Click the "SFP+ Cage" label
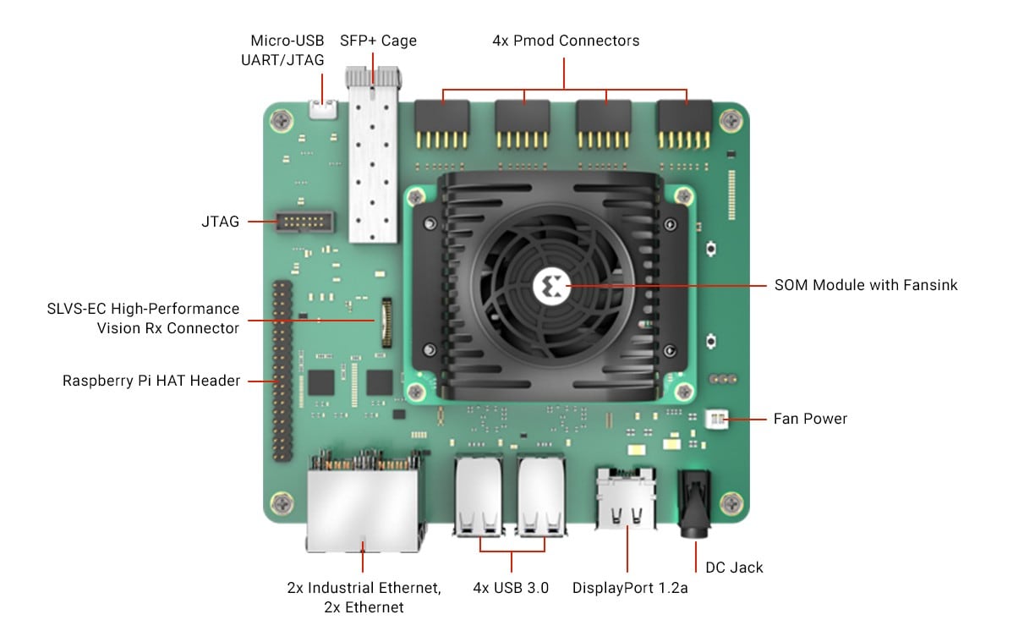[x=378, y=41]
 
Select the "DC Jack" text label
[x=734, y=567]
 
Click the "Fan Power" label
[x=809, y=419]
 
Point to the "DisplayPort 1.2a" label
[x=629, y=587]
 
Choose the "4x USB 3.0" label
[x=511, y=587]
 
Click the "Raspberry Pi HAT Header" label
[x=151, y=381]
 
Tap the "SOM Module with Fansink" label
[x=866, y=285]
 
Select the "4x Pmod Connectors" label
[x=566, y=41]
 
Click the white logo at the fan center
[x=548, y=286]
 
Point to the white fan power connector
[x=715, y=420]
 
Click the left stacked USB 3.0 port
[x=479, y=497]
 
